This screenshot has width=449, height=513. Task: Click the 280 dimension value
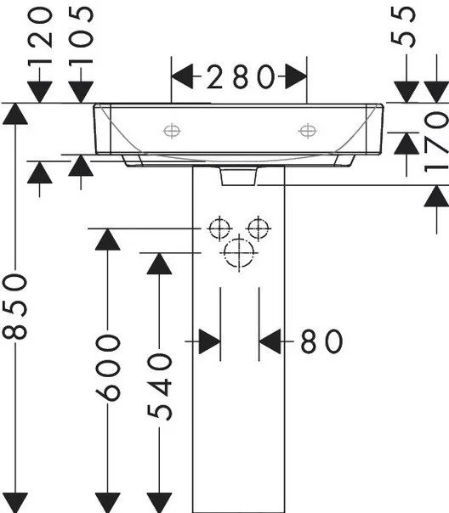241,77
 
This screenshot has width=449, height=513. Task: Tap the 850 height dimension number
14,307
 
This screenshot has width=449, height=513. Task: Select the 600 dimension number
108,368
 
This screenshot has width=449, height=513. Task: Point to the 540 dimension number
160,386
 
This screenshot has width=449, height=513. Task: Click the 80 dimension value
321,341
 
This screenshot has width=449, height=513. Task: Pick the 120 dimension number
40,37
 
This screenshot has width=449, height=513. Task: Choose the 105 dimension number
81,35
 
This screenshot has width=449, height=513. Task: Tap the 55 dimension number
403,27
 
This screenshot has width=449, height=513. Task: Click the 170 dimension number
436,142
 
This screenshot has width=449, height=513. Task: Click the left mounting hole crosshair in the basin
172,131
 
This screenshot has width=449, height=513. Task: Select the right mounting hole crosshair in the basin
307,131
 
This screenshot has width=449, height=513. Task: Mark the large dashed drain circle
239,253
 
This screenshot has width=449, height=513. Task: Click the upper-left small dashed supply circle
219,228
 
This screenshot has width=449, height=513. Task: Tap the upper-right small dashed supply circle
259,228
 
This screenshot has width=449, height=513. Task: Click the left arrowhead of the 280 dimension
183,76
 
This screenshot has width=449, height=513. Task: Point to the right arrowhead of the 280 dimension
296,76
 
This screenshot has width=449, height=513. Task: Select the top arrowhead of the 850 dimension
15,114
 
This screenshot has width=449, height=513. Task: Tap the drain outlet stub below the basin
239,176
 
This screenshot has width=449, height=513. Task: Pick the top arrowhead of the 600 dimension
108,240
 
